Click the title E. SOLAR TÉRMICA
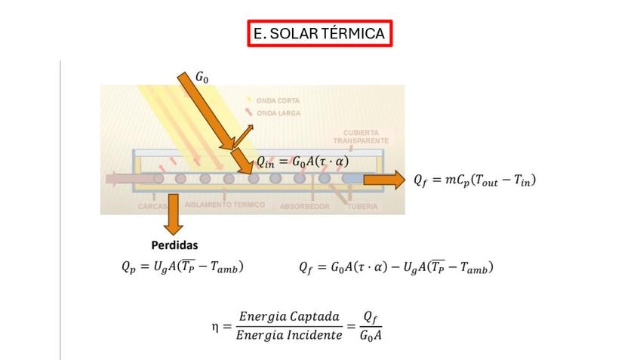click(x=320, y=33)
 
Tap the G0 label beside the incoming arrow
click(x=203, y=77)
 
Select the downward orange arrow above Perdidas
click(x=174, y=214)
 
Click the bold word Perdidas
click(x=174, y=245)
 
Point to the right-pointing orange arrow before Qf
click(x=385, y=180)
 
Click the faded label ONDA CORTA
click(x=278, y=100)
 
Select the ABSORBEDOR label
click(x=304, y=206)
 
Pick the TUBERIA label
click(x=362, y=206)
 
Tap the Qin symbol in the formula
click(x=265, y=161)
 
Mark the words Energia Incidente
click(x=289, y=334)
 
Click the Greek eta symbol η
click(x=217, y=326)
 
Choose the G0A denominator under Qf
click(x=369, y=335)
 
